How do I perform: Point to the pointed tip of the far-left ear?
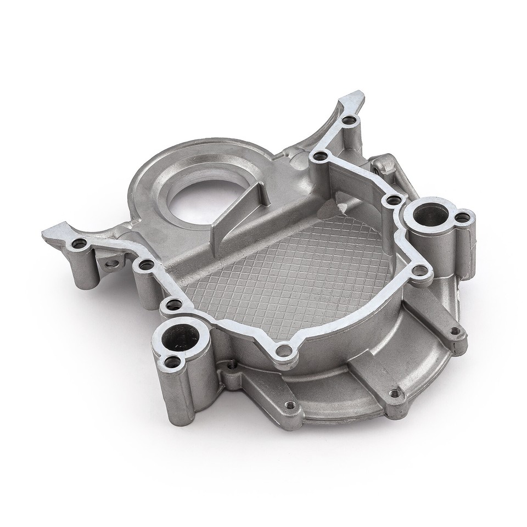tap(45, 233)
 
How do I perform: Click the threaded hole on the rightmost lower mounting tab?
tap(455, 331)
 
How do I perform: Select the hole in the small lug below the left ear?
tap(112, 266)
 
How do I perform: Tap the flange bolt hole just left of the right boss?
tap(392, 199)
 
